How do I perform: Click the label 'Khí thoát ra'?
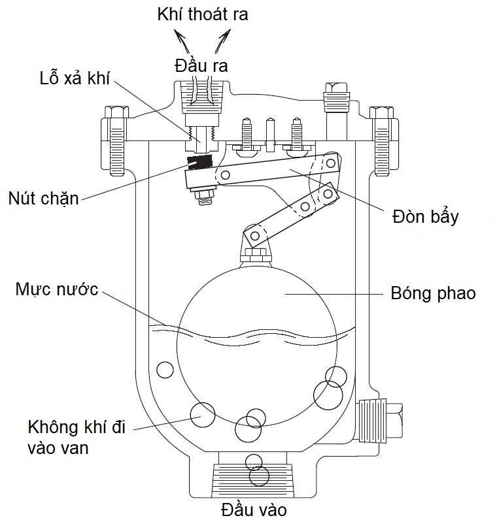203,14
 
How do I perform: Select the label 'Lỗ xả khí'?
75,80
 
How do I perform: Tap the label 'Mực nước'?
57,288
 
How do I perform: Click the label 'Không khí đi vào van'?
77,438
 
